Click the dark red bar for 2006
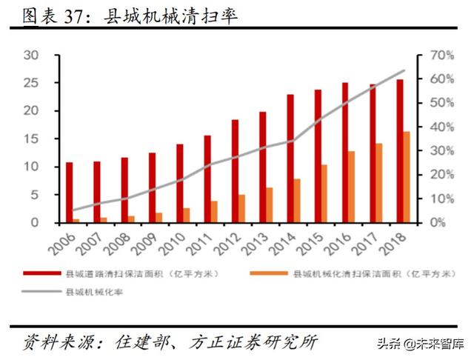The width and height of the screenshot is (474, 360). (x=69, y=192)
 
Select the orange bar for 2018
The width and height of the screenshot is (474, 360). (x=407, y=177)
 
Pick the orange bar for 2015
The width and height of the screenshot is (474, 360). (x=324, y=193)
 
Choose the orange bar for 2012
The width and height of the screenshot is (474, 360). (x=241, y=208)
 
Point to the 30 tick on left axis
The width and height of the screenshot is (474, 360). (x=30, y=56)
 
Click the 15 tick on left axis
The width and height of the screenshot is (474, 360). (x=30, y=139)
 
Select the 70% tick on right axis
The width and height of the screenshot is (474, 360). (x=433, y=56)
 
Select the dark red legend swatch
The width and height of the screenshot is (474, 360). (x=41, y=273)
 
